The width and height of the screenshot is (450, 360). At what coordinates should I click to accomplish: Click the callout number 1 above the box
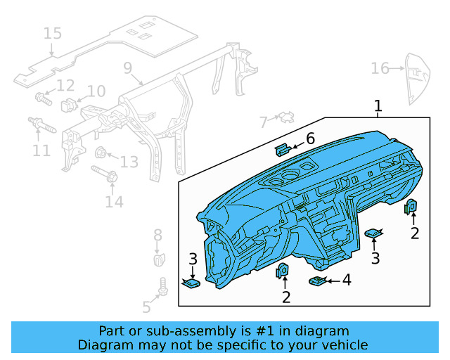tap(378, 106)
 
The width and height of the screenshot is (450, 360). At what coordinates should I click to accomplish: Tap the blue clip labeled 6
tap(283, 148)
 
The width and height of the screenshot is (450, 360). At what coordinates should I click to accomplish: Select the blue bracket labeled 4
tap(317, 281)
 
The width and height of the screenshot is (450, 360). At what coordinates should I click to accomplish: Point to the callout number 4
tap(346, 281)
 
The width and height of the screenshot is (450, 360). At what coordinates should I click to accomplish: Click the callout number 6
tap(309, 139)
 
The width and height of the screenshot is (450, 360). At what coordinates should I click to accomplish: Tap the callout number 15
tap(53, 33)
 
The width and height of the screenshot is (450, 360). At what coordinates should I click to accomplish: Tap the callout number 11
tap(41, 150)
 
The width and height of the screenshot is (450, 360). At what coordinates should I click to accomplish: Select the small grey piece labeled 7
tap(285, 117)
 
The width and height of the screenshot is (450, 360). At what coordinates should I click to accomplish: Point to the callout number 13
tap(129, 162)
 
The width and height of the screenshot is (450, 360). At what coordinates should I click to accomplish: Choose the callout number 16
tap(380, 68)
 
